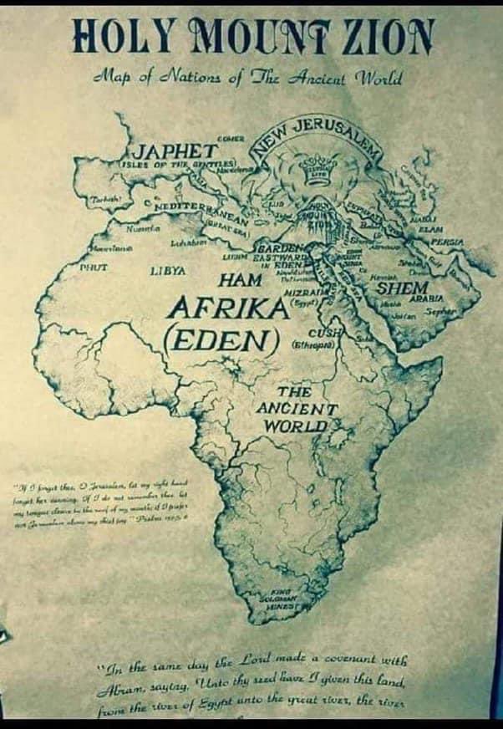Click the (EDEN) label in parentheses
[x=221, y=341]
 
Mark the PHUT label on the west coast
[x=90, y=268]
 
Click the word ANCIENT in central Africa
[x=296, y=409]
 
